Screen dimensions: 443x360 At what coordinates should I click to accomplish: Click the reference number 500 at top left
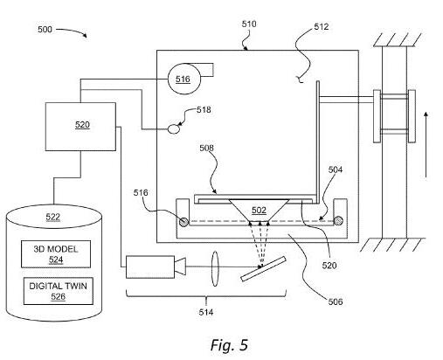pos(45,30)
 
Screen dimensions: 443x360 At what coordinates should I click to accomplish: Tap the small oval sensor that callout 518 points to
pos(174,128)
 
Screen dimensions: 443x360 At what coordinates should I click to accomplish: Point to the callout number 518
pos(204,110)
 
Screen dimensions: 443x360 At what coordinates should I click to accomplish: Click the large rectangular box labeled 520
pos(80,127)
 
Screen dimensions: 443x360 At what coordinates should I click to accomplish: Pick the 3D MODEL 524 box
pos(56,254)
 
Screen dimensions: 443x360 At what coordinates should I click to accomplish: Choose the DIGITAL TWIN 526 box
pos(59,291)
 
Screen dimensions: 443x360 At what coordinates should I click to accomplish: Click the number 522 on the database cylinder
pos(53,217)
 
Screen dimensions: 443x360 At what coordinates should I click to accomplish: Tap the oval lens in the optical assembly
pos(215,269)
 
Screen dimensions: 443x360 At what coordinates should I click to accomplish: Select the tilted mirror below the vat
pos(263,268)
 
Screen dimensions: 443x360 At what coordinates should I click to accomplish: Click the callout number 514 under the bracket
pos(206,312)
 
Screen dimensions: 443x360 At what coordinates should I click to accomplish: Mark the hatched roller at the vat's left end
pos(183,222)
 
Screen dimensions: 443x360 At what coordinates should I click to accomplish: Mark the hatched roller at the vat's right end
pos(338,221)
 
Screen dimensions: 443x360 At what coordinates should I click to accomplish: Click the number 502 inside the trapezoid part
pos(259,210)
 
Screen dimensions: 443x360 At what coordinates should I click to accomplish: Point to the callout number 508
pos(206,148)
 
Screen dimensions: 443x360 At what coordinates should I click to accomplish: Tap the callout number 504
pos(336,170)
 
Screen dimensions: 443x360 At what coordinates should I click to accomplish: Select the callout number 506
pos(336,301)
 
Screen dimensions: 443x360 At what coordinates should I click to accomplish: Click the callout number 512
pos(322,27)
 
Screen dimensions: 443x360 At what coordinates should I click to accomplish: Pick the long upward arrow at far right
pos(426,144)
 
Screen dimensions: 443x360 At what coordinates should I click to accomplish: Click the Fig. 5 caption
pos(229,344)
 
